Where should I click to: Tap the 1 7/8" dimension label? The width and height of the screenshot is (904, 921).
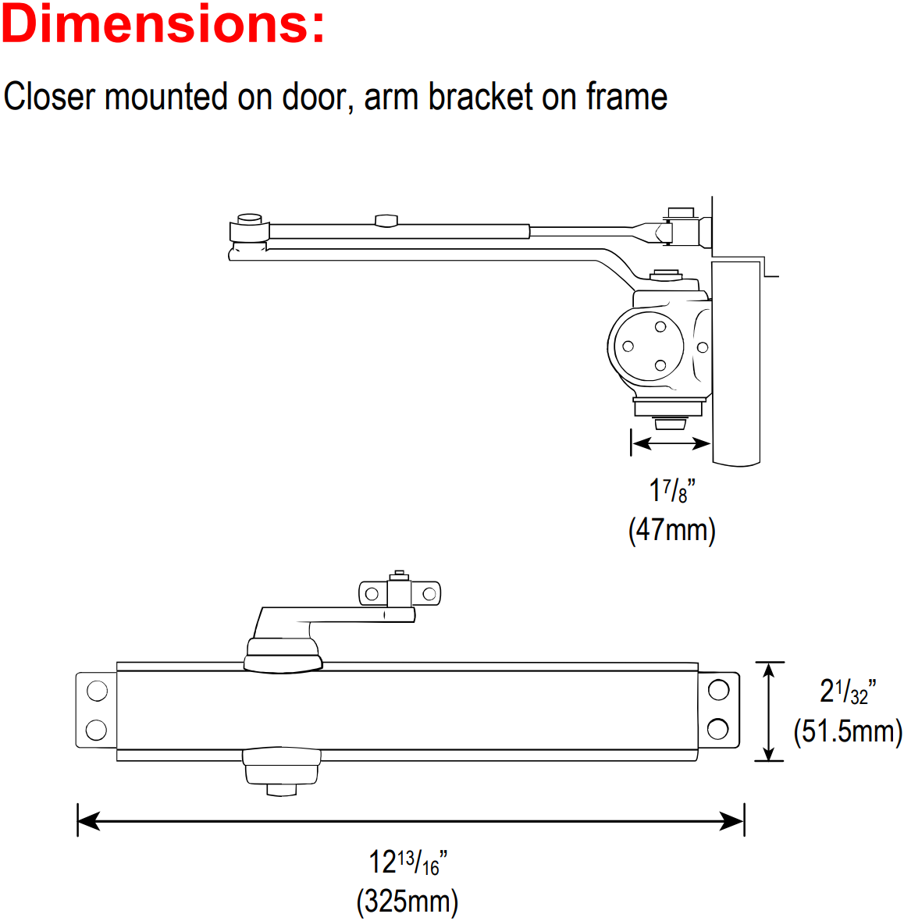click(672, 490)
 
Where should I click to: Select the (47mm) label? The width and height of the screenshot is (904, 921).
click(672, 530)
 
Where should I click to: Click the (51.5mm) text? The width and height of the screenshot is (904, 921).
click(848, 731)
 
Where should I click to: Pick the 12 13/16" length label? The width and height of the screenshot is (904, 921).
click(408, 862)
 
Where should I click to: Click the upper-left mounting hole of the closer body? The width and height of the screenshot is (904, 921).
click(97, 691)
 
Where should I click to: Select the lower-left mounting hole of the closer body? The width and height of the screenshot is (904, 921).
click(96, 730)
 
